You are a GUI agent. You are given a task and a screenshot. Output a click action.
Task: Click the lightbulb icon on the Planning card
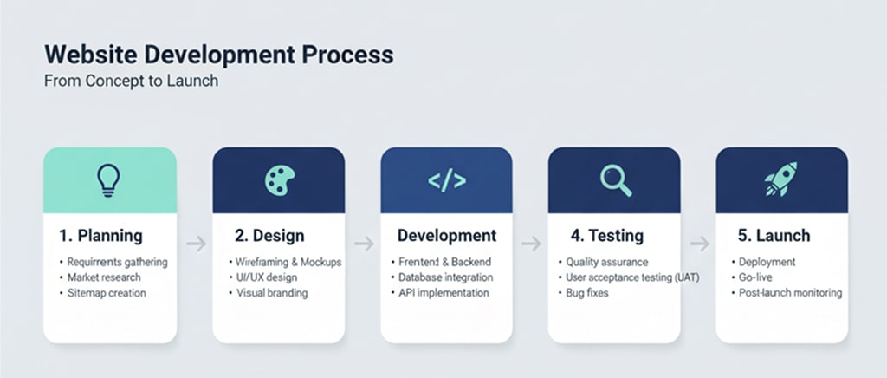click(109, 180)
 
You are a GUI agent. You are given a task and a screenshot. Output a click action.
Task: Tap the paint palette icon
click(278, 180)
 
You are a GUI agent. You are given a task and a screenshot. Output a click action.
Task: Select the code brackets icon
click(446, 180)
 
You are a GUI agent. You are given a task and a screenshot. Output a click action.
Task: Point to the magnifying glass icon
click(615, 180)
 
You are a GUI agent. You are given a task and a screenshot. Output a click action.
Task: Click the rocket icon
click(781, 180)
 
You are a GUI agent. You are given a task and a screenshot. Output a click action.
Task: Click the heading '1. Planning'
click(101, 236)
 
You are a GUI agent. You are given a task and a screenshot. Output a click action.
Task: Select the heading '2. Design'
click(270, 236)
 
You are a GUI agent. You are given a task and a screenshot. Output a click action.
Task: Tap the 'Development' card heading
click(447, 236)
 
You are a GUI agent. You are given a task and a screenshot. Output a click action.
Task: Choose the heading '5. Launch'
click(774, 236)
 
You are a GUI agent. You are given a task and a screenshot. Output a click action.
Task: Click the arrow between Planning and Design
click(196, 244)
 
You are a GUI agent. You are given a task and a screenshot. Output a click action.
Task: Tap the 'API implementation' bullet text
click(444, 293)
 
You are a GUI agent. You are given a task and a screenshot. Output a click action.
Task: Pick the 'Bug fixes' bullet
click(586, 293)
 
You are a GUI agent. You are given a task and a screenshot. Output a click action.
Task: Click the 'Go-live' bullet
click(754, 277)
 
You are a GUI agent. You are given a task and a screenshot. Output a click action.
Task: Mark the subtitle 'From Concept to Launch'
click(131, 81)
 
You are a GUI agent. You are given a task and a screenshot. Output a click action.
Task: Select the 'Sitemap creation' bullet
click(107, 293)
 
